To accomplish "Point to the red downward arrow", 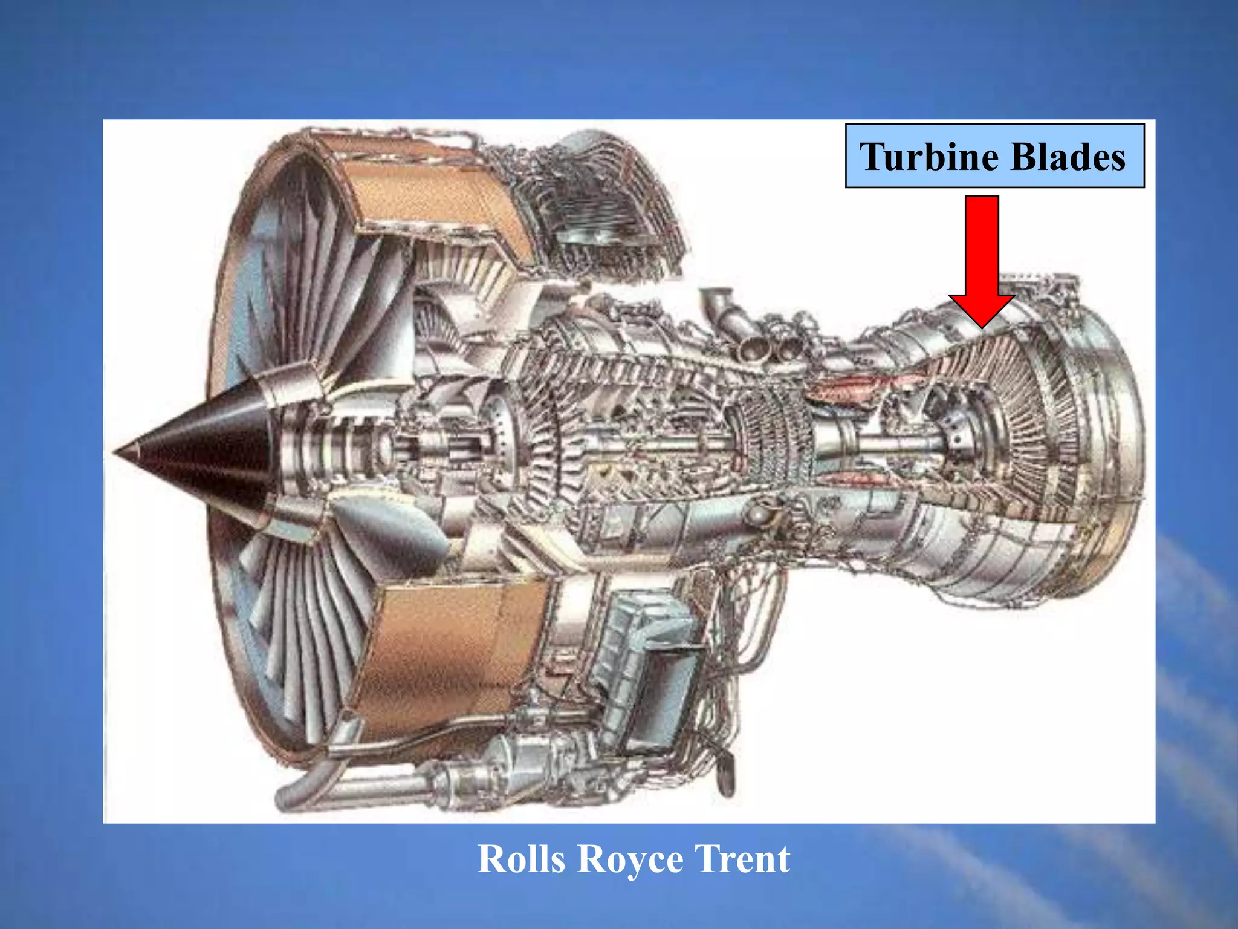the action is (x=982, y=254).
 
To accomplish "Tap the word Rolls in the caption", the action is (x=522, y=859).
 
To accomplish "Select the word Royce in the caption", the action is (x=629, y=859).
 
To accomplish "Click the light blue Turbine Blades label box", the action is (x=994, y=155).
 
